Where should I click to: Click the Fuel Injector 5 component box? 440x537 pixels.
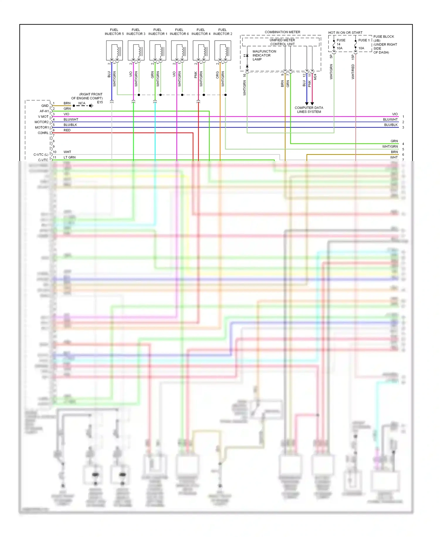[x=114, y=51]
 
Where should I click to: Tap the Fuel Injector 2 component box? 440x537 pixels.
[x=223, y=51]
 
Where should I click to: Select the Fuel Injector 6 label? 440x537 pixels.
[x=179, y=32]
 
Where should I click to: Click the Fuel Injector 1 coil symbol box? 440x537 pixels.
[x=158, y=51]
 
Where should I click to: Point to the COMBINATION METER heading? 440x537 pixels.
[x=282, y=32]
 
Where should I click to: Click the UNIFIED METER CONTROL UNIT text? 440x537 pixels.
[x=282, y=42]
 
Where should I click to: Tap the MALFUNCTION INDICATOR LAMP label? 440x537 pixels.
[x=264, y=55]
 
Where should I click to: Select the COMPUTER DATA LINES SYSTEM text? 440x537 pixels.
[x=309, y=110]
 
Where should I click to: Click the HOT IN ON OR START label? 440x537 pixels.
[x=345, y=33]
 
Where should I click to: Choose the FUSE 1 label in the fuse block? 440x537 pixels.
[x=364, y=40]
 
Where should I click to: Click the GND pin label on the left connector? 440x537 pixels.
[x=45, y=106]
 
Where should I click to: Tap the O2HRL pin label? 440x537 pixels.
[x=43, y=133]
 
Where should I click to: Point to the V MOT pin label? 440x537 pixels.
[x=43, y=117]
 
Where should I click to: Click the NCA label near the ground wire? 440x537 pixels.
[x=82, y=103]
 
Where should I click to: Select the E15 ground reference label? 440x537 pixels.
[x=100, y=102]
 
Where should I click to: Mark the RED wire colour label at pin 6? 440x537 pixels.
[x=67, y=130]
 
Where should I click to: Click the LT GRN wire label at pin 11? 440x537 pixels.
[x=70, y=157]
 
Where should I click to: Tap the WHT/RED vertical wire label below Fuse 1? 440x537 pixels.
[x=353, y=72]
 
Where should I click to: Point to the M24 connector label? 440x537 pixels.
[x=315, y=77]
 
